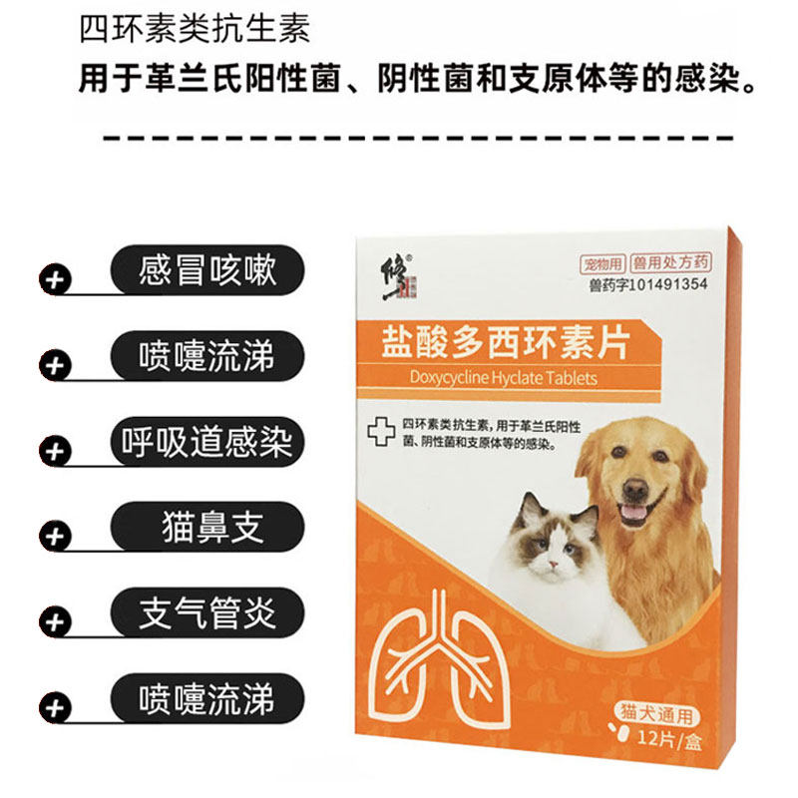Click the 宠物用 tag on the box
coord(603,264)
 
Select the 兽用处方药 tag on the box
coord(673,264)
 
